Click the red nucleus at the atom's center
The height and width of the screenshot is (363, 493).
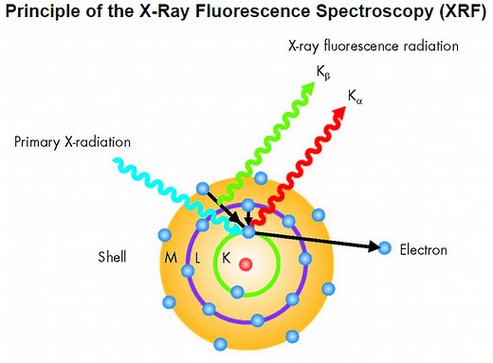tap(246, 263)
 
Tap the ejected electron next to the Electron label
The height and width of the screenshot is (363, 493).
tap(384, 249)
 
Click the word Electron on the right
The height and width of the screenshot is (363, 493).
tap(423, 250)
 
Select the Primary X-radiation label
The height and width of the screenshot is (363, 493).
tap(73, 142)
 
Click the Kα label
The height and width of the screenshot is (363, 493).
tap(356, 97)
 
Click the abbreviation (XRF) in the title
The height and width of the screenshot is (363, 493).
tap(458, 14)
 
